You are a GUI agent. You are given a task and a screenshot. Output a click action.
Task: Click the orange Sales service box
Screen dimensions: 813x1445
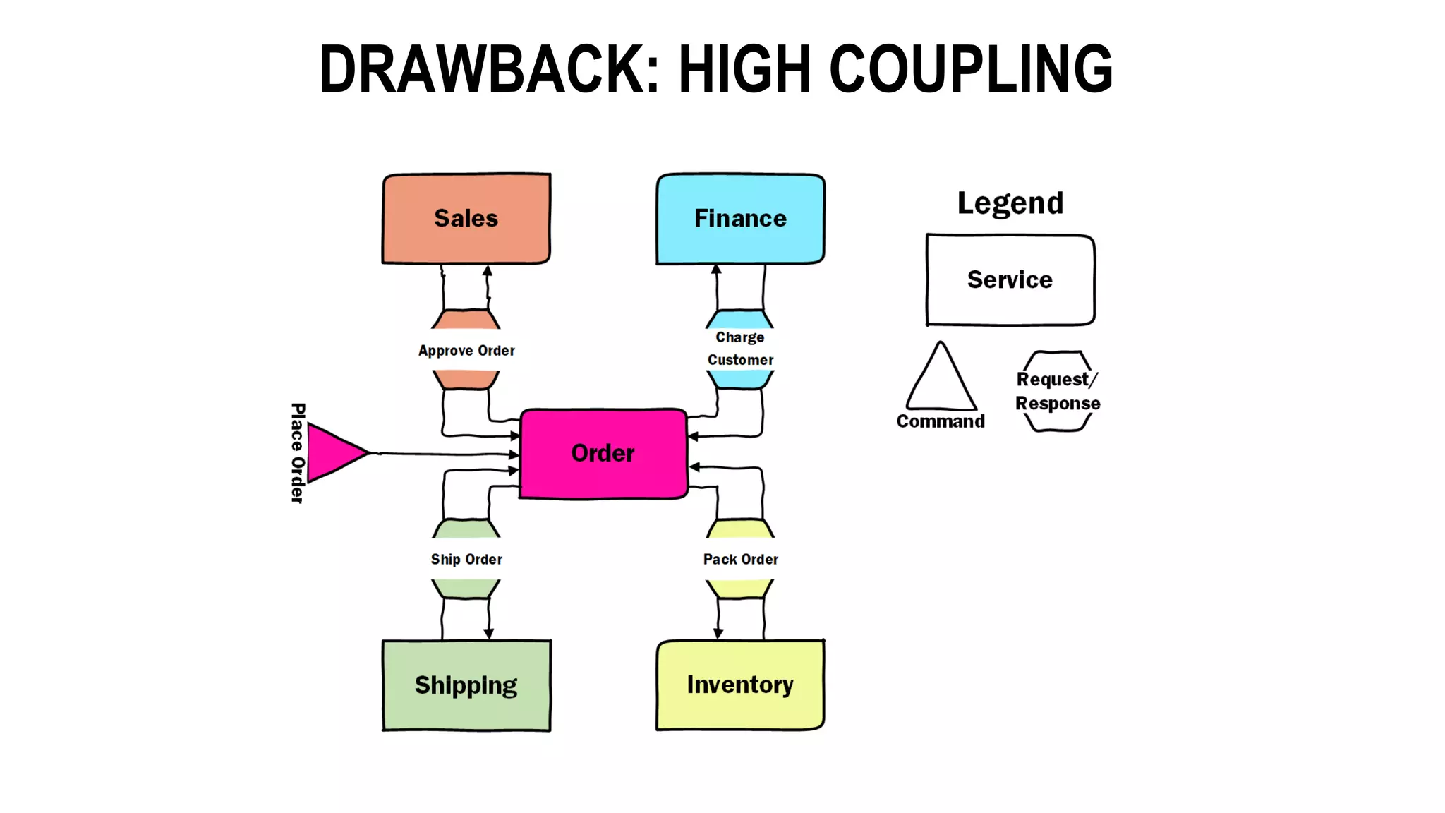(466, 219)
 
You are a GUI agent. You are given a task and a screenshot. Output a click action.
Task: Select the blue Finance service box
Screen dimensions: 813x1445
(740, 219)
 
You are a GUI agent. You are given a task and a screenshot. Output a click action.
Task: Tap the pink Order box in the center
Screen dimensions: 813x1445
(603, 453)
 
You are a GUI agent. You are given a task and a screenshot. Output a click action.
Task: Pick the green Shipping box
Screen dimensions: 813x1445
(466, 685)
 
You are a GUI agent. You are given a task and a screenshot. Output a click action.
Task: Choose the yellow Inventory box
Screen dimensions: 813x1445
(740, 685)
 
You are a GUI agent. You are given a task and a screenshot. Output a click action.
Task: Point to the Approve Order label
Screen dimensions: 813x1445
(466, 351)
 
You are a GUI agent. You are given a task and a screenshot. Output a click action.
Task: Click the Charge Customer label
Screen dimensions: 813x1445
(740, 349)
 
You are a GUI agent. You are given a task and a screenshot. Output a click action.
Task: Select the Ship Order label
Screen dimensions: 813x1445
(466, 560)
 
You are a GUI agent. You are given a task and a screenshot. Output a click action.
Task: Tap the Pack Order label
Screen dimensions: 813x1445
(740, 560)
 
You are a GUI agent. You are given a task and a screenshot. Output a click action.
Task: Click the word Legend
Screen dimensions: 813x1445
(1010, 203)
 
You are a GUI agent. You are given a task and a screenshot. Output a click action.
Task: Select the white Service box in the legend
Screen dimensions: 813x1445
(1010, 280)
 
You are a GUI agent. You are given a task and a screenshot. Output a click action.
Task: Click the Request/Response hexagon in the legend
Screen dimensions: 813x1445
(1058, 392)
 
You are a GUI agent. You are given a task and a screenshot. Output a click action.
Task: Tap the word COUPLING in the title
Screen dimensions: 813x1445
(971, 69)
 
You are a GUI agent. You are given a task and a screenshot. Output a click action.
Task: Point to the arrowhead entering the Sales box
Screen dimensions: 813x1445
(488, 271)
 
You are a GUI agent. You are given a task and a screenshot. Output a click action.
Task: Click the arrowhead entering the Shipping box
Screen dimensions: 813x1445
(488, 634)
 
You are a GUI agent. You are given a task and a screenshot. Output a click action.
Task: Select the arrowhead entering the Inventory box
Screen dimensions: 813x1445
(718, 633)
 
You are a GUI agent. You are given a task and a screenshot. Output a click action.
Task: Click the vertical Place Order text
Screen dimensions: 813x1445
(298, 453)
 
